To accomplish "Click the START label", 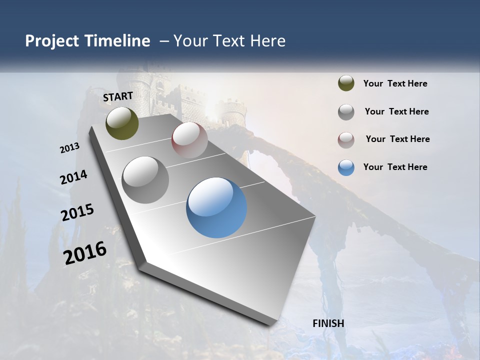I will coord(118,96).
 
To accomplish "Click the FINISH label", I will coord(328,323).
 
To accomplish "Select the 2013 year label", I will coord(70,148).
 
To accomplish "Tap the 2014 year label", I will coord(74,177).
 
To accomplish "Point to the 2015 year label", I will coord(77,212).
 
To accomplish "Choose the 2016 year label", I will coord(85,253).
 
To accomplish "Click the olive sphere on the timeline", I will coord(122,123).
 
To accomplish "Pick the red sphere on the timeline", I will coord(189,140).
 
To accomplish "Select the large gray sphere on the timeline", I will coord(145,180).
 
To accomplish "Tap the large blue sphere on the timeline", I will coord(216,207).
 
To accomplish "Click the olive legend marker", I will coord(346,83).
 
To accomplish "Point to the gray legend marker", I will coord(346,111).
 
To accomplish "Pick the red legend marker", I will coord(346,139).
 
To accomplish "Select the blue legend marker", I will coord(346,167).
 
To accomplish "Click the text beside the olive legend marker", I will coord(395,83).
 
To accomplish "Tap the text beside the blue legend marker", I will coord(395,167).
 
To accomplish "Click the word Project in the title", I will coord(52,41).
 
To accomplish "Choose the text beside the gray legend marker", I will coord(396,111).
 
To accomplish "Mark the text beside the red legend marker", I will coord(397,139).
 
